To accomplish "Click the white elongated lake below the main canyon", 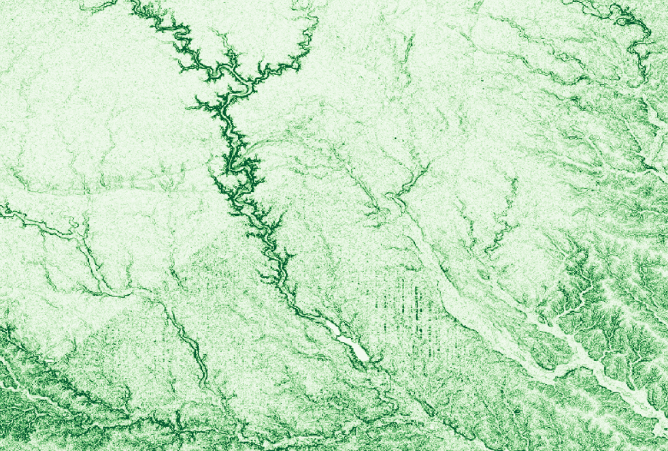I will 349,341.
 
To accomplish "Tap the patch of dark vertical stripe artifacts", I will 401,300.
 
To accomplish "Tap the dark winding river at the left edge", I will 27,221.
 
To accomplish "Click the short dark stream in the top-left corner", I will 102,7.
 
